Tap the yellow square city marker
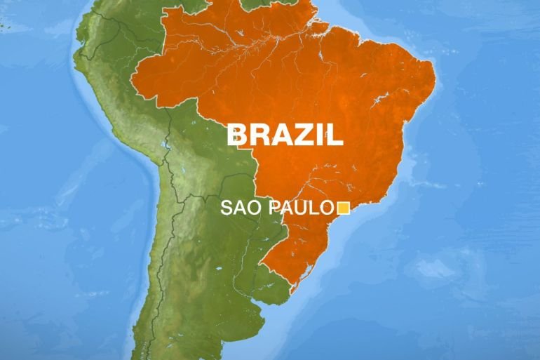[344, 208]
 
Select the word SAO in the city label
[238, 208]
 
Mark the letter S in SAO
[227, 208]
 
